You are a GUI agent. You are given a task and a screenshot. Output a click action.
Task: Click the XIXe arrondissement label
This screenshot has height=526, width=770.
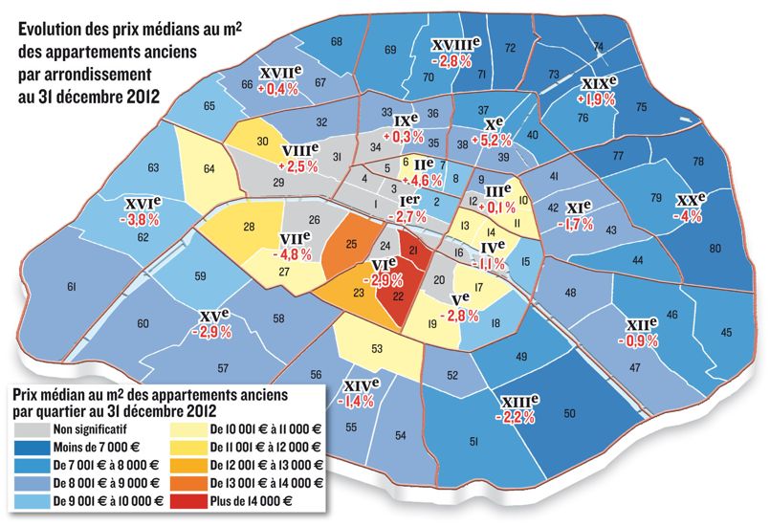599,83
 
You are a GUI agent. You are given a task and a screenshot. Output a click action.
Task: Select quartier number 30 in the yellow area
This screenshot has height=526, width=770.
262,142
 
